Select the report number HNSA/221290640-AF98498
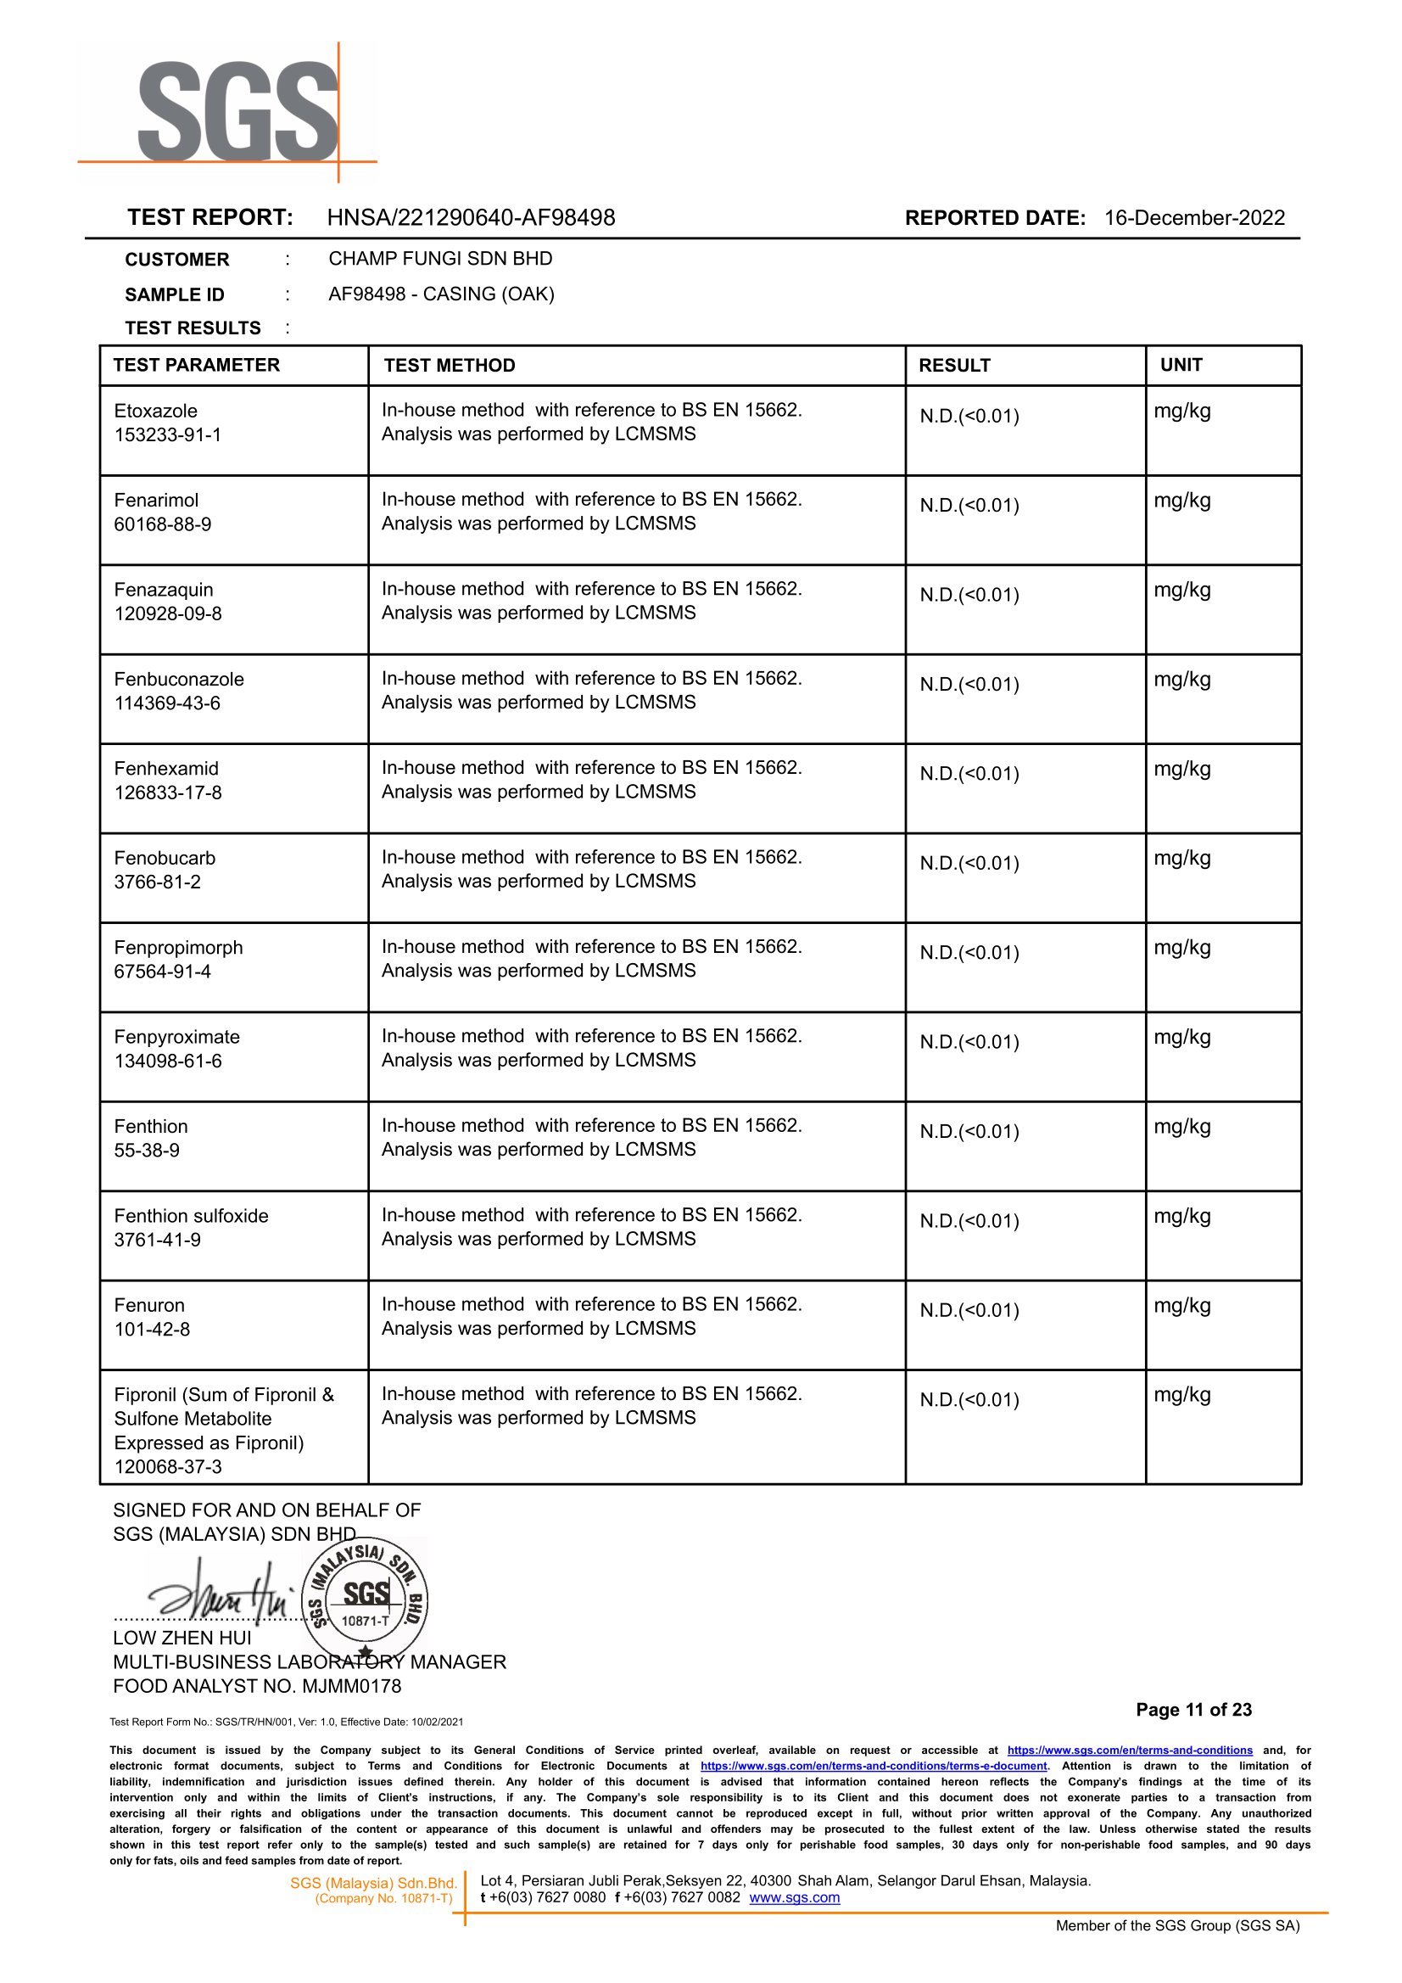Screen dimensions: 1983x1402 471,217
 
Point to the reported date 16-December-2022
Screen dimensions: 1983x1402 1194,217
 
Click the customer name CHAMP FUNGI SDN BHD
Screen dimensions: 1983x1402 440,259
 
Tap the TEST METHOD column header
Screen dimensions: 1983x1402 449,366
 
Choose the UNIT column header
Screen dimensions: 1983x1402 1181,366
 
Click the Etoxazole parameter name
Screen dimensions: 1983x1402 155,411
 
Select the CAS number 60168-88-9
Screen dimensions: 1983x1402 162,524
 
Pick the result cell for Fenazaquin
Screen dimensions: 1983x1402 969,595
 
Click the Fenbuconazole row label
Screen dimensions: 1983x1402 179,680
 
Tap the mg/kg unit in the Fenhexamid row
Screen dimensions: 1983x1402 1181,770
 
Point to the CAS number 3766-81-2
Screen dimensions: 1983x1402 157,882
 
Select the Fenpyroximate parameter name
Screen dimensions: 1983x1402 177,1037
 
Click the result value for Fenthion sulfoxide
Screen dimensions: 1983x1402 969,1221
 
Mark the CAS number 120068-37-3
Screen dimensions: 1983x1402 167,1466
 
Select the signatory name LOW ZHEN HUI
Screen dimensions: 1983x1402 182,1638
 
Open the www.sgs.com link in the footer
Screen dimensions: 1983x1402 794,1897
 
